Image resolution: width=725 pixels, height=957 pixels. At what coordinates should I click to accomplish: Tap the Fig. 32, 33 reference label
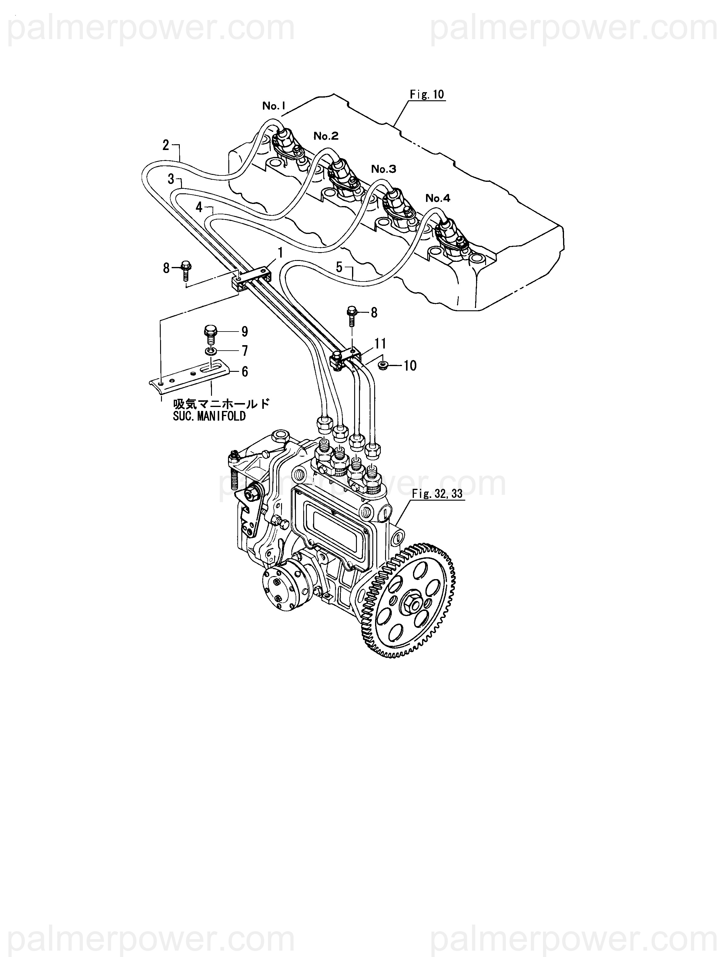pos(437,494)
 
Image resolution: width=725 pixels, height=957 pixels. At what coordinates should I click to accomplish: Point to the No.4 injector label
pos(438,198)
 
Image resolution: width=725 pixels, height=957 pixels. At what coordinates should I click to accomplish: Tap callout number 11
pos(380,344)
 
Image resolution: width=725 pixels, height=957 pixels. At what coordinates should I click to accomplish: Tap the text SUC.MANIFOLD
pos(209,416)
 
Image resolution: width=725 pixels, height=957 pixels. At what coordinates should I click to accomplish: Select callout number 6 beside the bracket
pos(245,372)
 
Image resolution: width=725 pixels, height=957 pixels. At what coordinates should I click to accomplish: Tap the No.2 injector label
pos(325,136)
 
